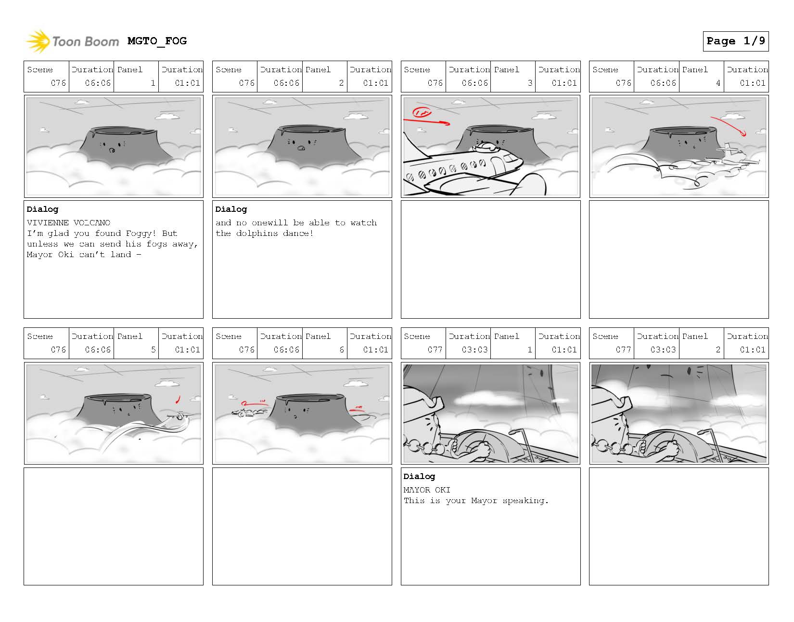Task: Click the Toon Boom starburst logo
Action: coord(38,41)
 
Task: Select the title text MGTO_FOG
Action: coord(157,41)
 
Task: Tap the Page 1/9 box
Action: coord(736,41)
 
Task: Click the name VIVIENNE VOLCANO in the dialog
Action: coord(68,222)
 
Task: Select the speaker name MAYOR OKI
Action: coord(427,490)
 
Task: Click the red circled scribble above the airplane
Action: coord(422,112)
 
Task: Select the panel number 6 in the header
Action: coord(342,350)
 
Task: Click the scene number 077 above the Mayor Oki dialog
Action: coord(435,350)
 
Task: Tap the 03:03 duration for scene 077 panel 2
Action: coord(663,350)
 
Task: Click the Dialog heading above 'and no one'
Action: coord(231,209)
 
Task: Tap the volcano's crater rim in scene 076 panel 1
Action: coord(124,130)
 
